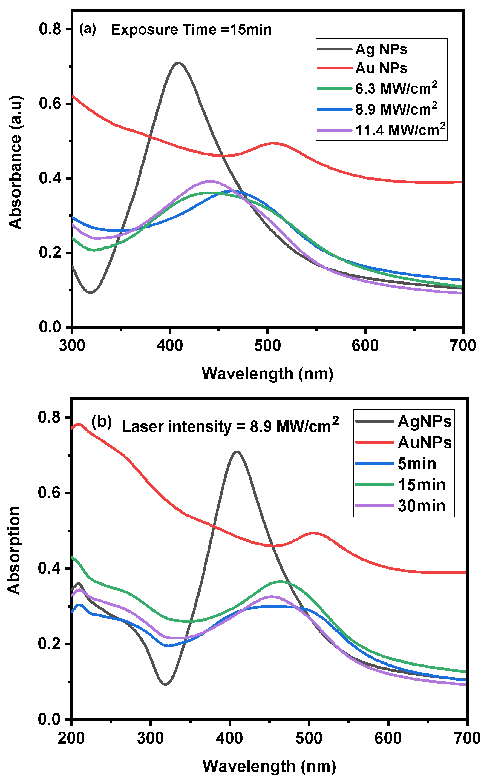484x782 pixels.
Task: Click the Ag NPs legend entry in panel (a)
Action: click(x=381, y=49)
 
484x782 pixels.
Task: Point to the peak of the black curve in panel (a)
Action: click(x=178, y=63)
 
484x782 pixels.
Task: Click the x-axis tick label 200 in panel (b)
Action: click(x=71, y=738)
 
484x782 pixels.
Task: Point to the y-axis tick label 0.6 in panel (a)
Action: click(x=50, y=104)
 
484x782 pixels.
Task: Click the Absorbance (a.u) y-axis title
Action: click(x=15, y=162)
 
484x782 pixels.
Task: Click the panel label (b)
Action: click(x=102, y=422)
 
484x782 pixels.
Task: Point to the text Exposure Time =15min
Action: click(x=191, y=30)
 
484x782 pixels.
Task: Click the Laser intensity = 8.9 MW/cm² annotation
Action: click(x=230, y=426)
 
